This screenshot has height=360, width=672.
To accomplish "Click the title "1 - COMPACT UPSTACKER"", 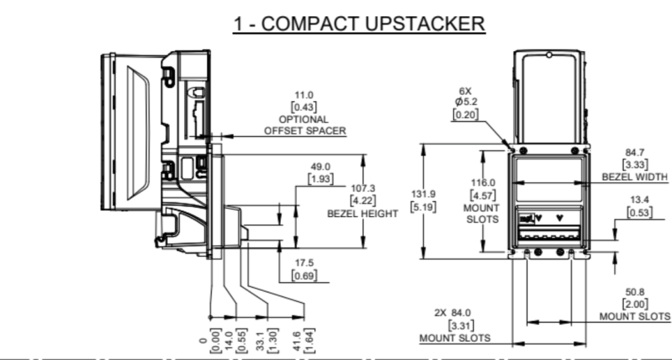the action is pyautogui.click(x=359, y=24).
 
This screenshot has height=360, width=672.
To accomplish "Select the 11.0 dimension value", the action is pyautogui.click(x=304, y=95).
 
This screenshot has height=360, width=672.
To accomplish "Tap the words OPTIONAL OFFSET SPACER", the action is pyautogui.click(x=304, y=125).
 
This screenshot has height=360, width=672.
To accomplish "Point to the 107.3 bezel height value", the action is pyautogui.click(x=363, y=188).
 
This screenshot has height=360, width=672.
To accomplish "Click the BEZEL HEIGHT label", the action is pyautogui.click(x=363, y=213).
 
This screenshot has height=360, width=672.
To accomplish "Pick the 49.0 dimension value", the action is pyautogui.click(x=321, y=167).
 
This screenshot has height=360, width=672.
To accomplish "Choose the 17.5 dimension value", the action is pyautogui.click(x=304, y=263).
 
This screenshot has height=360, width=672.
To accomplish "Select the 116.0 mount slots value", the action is pyautogui.click(x=483, y=183).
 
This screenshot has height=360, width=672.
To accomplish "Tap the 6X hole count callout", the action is pyautogui.click(x=465, y=91).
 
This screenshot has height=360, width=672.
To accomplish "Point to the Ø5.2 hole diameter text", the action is pyautogui.click(x=466, y=102).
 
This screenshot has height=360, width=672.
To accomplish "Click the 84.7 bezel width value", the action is pyautogui.click(x=635, y=152).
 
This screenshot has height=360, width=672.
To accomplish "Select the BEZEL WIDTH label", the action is pyautogui.click(x=635, y=177).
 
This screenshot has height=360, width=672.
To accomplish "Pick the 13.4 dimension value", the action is pyautogui.click(x=640, y=199).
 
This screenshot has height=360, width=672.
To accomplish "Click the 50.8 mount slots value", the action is pyautogui.click(x=635, y=292).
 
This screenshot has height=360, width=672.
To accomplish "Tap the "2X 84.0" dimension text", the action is pyautogui.click(x=452, y=313).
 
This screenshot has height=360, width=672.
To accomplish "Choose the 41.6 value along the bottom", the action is pyautogui.click(x=300, y=341).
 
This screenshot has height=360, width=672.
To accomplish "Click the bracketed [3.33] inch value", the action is pyautogui.click(x=635, y=164).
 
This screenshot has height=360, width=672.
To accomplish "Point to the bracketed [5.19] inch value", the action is pyautogui.click(x=424, y=207).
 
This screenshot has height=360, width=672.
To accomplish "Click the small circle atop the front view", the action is pyautogui.click(x=549, y=55).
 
